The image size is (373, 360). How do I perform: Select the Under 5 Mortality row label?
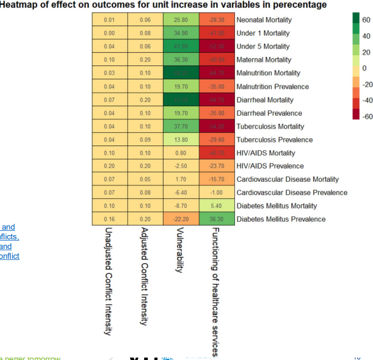(x=263, y=47)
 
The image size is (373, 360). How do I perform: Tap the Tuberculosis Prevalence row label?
(x=274, y=139)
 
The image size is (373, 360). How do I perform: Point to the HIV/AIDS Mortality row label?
(x=266, y=153)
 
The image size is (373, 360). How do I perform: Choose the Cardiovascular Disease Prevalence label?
(x=291, y=193)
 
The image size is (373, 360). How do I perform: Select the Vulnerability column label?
(x=180, y=250)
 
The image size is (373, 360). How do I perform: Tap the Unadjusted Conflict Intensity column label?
(x=108, y=281)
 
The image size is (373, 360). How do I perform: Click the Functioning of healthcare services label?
(x=216, y=292)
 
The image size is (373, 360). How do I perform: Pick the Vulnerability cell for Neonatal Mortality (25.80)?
(x=181, y=20)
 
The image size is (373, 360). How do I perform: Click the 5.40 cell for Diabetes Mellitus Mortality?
(x=216, y=206)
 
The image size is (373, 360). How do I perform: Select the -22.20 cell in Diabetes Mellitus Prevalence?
(x=181, y=219)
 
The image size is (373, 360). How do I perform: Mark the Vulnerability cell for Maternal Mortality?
(x=181, y=60)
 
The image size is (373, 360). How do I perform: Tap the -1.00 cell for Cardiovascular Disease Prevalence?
(x=216, y=193)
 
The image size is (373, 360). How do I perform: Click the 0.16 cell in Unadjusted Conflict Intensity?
(x=110, y=219)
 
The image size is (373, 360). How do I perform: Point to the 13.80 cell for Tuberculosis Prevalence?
(x=181, y=139)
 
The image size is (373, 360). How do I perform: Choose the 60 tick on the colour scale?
(x=366, y=20)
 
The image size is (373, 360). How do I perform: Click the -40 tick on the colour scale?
(x=367, y=101)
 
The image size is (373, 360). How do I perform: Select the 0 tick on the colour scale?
(x=365, y=68)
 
